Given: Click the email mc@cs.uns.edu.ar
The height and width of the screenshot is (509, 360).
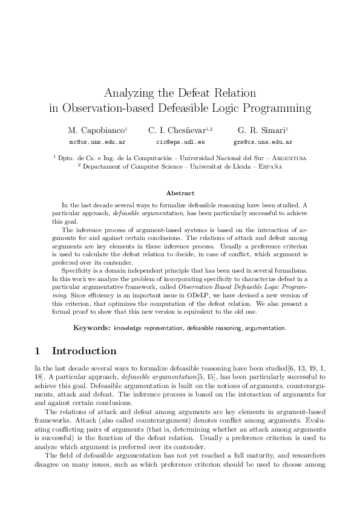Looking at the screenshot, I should pyautogui.click(x=97, y=143).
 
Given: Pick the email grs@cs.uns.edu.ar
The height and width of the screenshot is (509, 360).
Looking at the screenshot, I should pyautogui.click(x=263, y=143).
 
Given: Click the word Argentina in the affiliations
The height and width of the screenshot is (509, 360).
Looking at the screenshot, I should pyautogui.click(x=286, y=158).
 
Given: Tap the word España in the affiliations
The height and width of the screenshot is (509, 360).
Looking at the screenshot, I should pyautogui.click(x=266, y=166).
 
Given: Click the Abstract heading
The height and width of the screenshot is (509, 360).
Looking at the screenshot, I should pyautogui.click(x=180, y=193).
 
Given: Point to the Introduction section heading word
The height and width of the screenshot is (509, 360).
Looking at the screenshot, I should pyautogui.click(x=84, y=351).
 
